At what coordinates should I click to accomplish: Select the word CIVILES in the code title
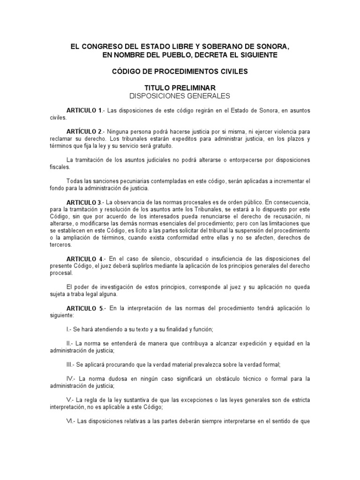click(230, 72)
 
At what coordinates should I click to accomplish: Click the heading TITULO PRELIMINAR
click(180, 88)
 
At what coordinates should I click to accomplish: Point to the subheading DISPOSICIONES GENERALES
click(180, 96)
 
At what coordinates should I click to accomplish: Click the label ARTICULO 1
click(84, 110)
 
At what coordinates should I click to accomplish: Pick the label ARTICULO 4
click(84, 259)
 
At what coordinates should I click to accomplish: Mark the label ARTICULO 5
click(84, 308)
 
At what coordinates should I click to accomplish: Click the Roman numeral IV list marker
click(70, 379)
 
